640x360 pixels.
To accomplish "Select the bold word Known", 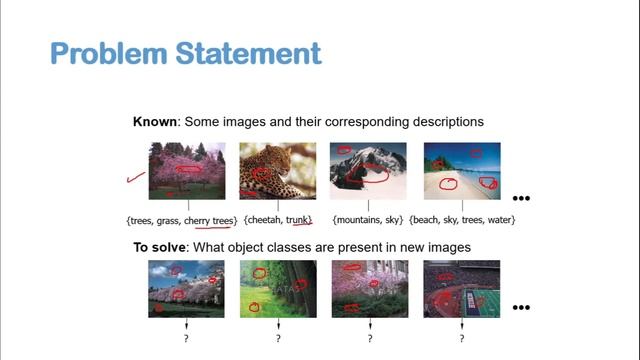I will tap(155, 121).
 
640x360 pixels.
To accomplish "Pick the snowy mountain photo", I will tap(368, 171).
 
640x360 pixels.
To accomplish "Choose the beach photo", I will tap(461, 171).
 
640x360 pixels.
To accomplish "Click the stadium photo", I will tap(461, 289).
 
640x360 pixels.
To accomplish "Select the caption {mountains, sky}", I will tap(368, 219).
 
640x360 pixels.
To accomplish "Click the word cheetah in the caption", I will tap(263, 219).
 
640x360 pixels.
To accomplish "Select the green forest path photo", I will tap(278, 289).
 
